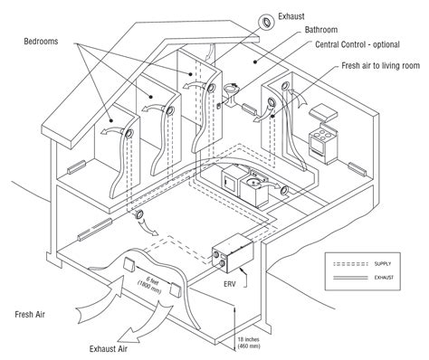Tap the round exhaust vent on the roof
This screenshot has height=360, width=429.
pos(268,21)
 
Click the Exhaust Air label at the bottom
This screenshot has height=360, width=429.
pos(114,347)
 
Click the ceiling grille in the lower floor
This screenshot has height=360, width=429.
pos(141,214)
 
